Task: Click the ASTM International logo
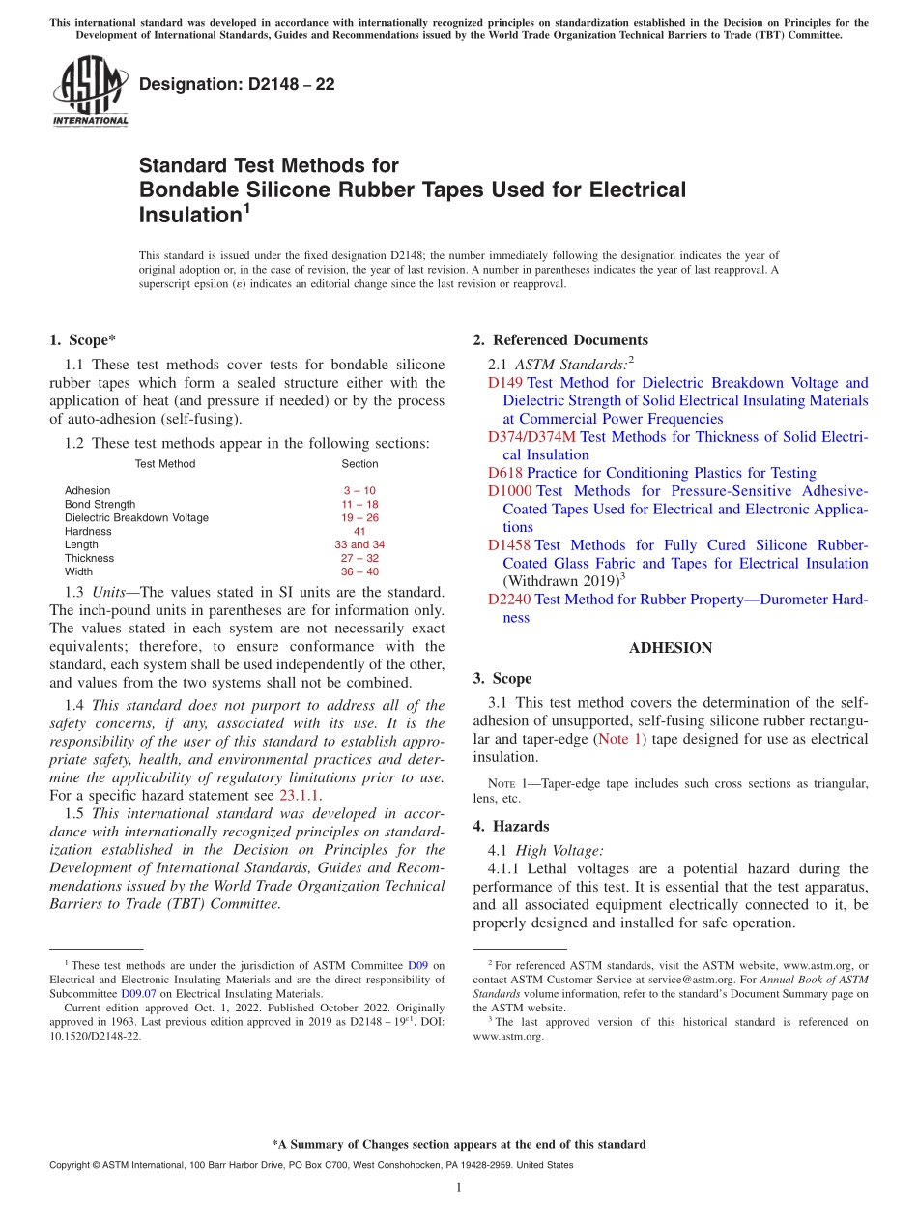[x=90, y=92]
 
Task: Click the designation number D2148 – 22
[x=237, y=84]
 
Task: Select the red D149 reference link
[x=505, y=383]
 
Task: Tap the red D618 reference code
[x=505, y=473]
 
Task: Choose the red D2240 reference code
[x=509, y=600]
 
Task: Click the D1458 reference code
[x=509, y=545]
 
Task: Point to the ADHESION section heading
[x=671, y=648]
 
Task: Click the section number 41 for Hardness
[x=359, y=531]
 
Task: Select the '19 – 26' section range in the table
[x=359, y=517]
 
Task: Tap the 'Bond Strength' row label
[x=100, y=504]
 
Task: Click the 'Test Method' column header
[x=165, y=464]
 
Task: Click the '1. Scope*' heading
[x=83, y=340]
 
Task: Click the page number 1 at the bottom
[x=458, y=1187]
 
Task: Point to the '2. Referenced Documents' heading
[x=560, y=340]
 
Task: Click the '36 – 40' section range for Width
[x=359, y=571]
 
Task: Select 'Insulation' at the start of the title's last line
[x=188, y=215]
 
